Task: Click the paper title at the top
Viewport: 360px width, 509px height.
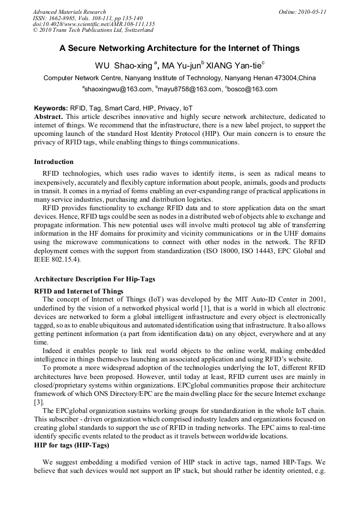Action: click(x=179, y=48)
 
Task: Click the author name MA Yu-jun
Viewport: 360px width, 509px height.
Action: click(x=181, y=66)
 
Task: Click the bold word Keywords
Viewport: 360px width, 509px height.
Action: click(x=50, y=108)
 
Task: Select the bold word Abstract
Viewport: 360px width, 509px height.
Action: click(x=48, y=116)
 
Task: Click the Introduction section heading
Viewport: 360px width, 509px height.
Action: click(x=54, y=162)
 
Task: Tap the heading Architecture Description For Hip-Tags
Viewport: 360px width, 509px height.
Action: click(x=95, y=279)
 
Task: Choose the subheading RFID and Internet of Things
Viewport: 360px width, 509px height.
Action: click(x=79, y=291)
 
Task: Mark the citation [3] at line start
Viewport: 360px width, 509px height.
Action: click(x=38, y=403)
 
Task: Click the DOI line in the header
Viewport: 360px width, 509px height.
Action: click(x=93, y=24)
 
